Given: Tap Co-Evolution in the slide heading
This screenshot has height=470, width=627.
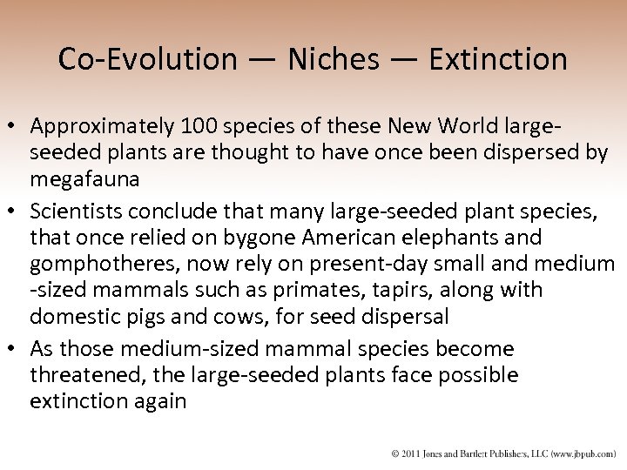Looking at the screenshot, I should (147, 59).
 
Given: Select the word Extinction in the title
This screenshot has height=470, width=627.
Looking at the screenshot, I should (499, 59).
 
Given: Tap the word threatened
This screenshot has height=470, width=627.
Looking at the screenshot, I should (80, 375).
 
